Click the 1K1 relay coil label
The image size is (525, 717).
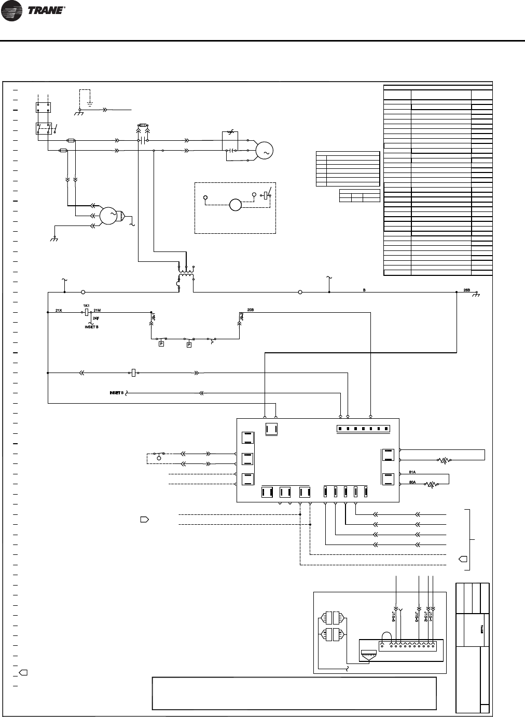pyautogui.click(x=86, y=306)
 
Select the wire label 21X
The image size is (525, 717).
pyautogui.click(x=59, y=310)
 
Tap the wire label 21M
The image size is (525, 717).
pyautogui.click(x=97, y=310)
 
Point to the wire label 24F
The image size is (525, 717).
pyautogui.click(x=96, y=317)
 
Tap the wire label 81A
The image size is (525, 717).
pyautogui.click(x=412, y=472)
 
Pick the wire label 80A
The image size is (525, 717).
pyautogui.click(x=412, y=482)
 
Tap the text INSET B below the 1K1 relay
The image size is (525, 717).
pyautogui.click(x=92, y=327)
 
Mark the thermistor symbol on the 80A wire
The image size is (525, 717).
pyautogui.click(x=431, y=485)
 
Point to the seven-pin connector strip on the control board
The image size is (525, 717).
pyautogui.click(x=363, y=429)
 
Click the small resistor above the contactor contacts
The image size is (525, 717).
pyautogui.click(x=142, y=126)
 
